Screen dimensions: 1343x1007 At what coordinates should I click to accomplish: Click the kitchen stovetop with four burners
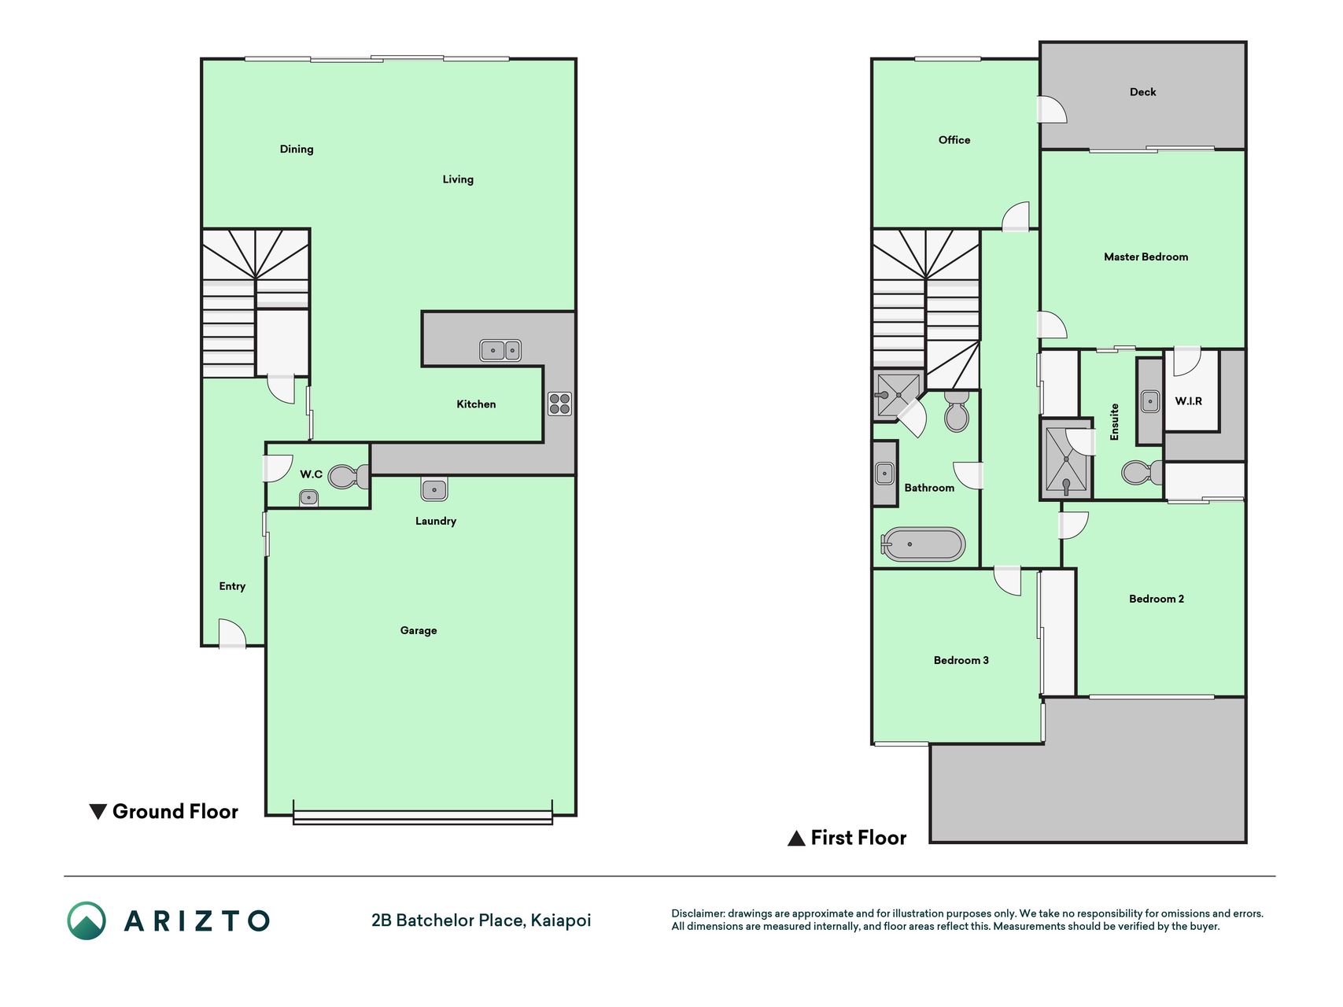coord(559,404)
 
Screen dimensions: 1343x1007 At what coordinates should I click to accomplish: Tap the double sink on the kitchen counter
coord(500,350)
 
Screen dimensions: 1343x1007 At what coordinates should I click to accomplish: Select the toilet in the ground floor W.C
coord(349,476)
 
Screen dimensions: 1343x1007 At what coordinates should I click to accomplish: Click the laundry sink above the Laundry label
coord(434,489)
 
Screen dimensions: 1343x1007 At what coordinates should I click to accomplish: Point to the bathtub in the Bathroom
coord(923,544)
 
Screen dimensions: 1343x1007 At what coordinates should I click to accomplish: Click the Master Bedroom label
coord(1146,256)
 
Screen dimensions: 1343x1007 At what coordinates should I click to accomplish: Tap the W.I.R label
coord(1188,401)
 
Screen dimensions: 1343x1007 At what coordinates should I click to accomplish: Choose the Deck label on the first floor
coord(1142,92)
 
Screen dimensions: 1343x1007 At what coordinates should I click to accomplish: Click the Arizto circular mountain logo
coord(87,920)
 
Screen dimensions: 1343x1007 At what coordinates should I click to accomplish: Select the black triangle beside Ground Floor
coord(98,812)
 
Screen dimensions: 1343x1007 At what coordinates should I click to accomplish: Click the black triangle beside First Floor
coord(796,838)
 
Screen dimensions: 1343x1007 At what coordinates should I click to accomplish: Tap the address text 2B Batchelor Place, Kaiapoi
coord(481,920)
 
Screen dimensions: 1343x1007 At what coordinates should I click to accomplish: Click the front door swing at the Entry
coord(233,633)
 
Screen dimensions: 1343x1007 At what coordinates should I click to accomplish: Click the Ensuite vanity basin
coord(1150,401)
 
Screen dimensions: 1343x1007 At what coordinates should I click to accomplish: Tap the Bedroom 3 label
coord(961,660)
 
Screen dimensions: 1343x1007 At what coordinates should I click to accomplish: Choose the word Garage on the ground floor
coord(419,631)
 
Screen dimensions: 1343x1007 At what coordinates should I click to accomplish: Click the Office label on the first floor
coord(954,140)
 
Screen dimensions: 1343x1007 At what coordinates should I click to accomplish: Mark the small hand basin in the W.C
coord(308,498)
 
